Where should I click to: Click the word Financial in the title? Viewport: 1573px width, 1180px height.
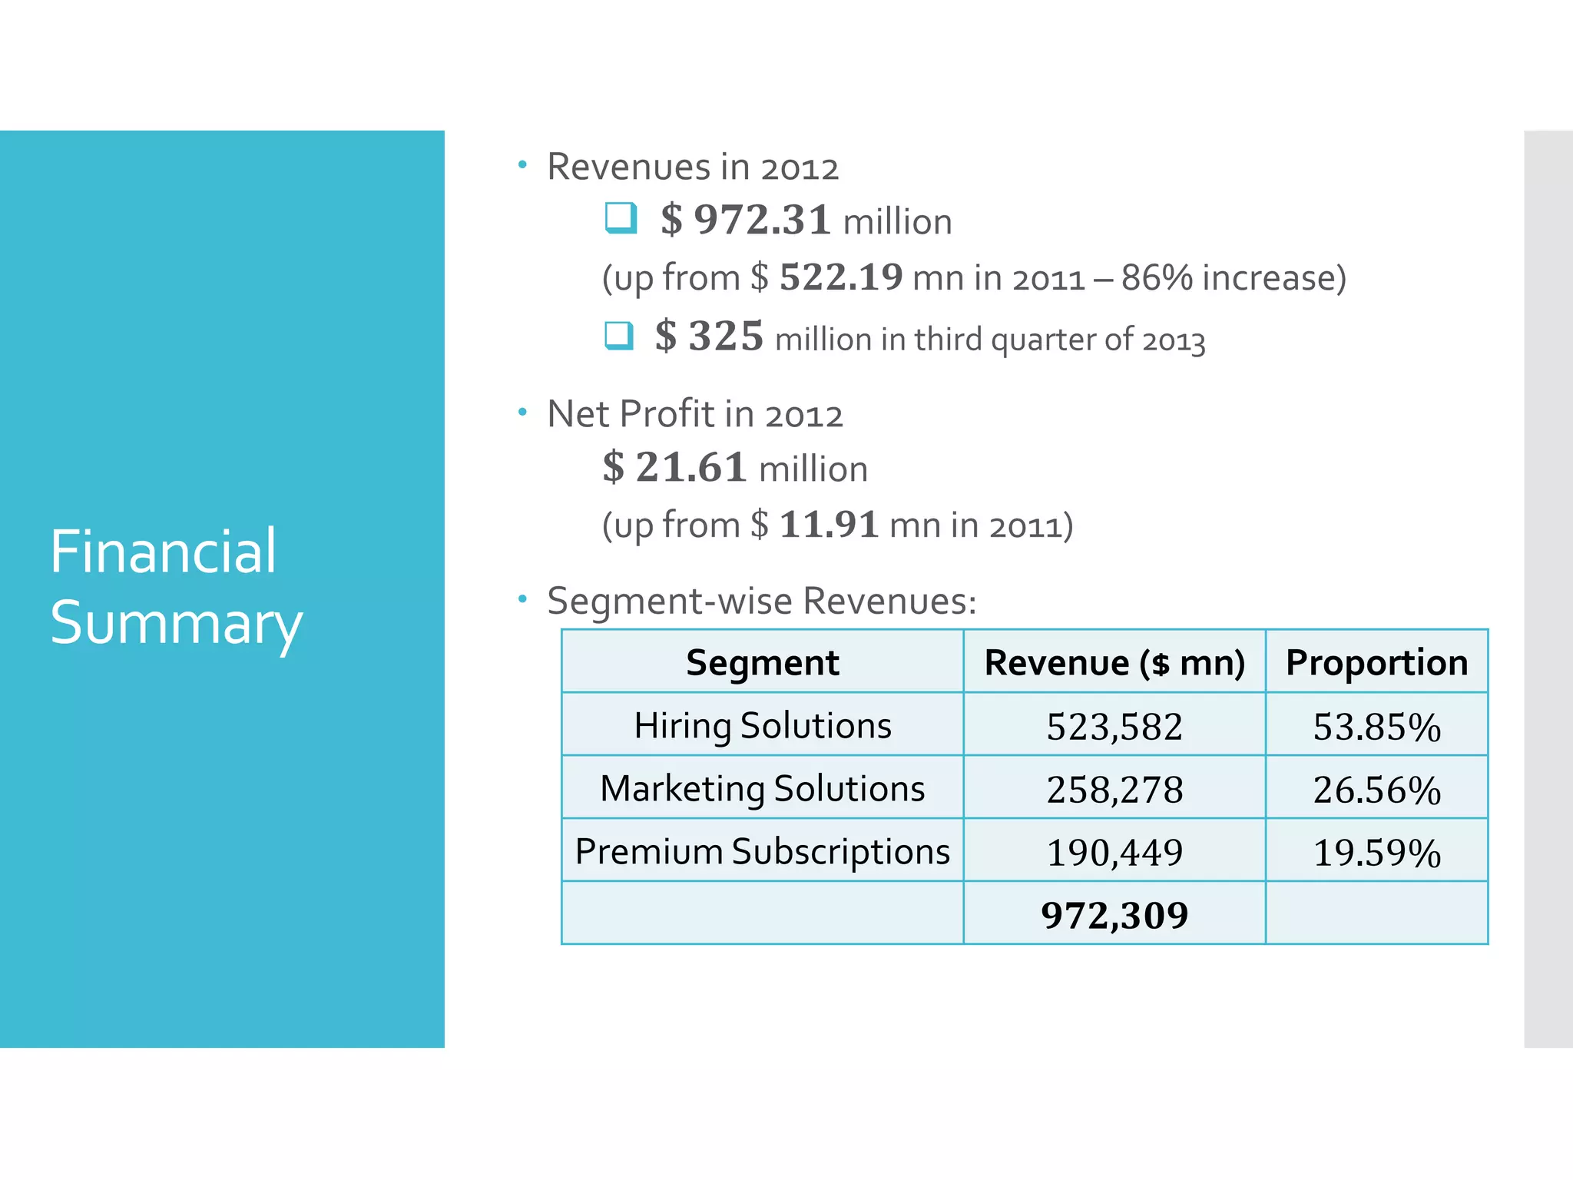(163, 552)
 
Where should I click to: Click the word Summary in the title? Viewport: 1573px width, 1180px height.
(176, 623)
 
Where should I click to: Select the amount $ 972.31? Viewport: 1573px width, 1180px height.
(745, 220)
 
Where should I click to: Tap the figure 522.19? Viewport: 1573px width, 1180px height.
(841, 277)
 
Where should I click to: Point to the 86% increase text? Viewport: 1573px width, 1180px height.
(1233, 277)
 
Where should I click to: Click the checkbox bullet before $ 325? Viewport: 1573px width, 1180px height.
(619, 336)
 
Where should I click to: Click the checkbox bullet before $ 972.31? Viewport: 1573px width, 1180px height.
(621, 217)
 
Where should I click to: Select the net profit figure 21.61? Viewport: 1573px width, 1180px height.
(690, 467)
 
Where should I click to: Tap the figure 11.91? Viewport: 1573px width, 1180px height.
(829, 525)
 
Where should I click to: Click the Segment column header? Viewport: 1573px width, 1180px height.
(762, 662)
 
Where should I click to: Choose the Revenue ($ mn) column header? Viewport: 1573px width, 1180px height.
(1114, 662)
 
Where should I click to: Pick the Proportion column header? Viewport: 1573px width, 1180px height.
(1376, 662)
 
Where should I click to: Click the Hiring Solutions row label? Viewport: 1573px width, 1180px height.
(762, 725)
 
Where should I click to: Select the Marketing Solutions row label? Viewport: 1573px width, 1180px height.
(762, 788)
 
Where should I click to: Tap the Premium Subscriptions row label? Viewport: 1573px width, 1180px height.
(762, 851)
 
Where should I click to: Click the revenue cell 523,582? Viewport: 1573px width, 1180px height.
(1114, 727)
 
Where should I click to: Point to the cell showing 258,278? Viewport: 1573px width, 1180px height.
(1114, 790)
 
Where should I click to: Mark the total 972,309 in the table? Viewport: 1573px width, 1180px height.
(1114, 915)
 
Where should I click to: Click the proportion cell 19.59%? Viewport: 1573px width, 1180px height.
(1376, 853)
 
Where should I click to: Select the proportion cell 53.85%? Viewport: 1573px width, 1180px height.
(1376, 727)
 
